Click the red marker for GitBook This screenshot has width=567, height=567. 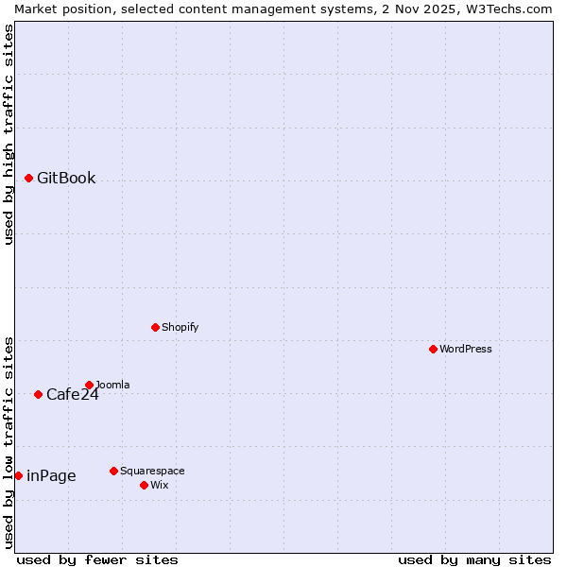28,178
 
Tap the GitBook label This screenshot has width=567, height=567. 66,179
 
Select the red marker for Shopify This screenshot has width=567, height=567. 155,327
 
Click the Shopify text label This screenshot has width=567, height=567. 180,327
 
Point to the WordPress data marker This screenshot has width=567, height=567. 433,349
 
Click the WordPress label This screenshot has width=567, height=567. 465,349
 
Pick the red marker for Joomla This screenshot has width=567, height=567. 89,385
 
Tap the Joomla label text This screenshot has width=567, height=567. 113,385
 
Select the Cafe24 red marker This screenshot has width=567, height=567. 38,394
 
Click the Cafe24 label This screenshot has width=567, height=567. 72,395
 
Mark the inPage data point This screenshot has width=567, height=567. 18,475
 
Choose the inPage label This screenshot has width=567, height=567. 51,476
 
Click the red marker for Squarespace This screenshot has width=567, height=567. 113,471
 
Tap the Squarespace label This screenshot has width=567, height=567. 152,471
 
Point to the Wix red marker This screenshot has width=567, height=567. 144,485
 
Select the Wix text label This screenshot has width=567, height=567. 159,485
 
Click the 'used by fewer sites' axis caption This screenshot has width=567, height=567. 97,559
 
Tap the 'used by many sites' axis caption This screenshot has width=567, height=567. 474,559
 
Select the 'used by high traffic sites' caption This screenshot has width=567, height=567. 9,134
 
